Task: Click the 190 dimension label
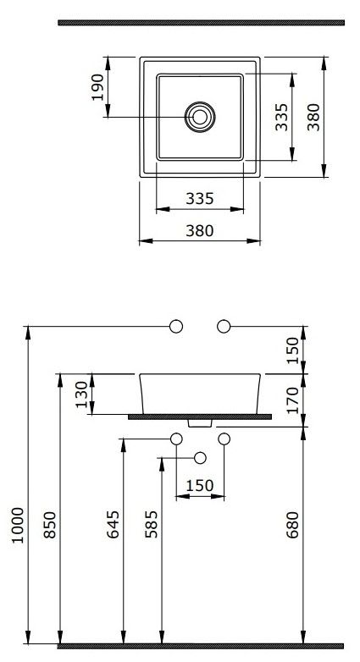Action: [x=97, y=87]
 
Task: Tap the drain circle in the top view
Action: [x=200, y=117]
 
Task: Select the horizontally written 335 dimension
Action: [x=200, y=198]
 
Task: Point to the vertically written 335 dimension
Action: [x=281, y=117]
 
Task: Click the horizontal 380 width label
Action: [x=200, y=231]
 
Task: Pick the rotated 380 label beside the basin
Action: [x=313, y=117]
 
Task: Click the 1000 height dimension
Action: [x=18, y=525]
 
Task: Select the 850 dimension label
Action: [x=50, y=525]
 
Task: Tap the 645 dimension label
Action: [x=113, y=525]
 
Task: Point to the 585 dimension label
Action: [x=152, y=525]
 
